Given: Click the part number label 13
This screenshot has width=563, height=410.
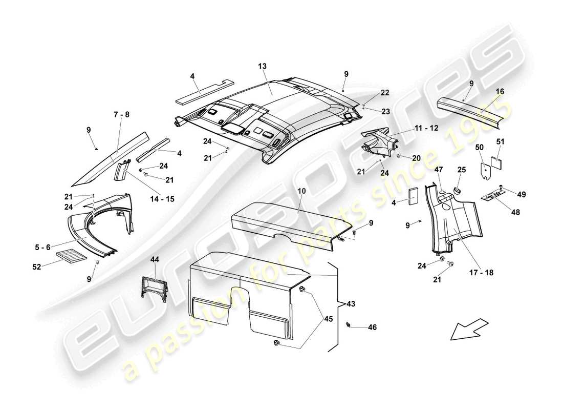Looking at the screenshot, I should coord(263,67).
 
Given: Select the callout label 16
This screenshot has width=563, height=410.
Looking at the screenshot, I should coord(500,91).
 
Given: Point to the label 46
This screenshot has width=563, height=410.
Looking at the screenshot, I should coord(372,327).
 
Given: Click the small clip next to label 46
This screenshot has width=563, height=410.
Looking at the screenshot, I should coord(349,324).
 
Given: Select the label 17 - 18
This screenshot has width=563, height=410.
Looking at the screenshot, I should coord(482,273).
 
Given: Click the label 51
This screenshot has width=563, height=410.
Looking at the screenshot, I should coord(501,141).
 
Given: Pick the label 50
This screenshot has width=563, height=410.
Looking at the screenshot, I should coord(479,147).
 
